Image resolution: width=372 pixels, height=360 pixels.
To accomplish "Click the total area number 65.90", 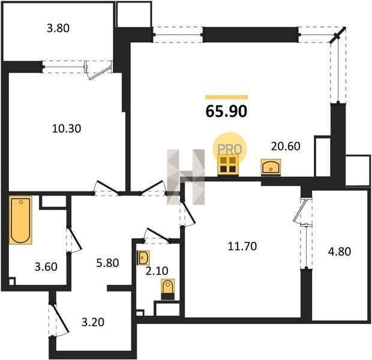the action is (226, 111).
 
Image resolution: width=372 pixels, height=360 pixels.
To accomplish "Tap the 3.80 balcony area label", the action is (58, 28).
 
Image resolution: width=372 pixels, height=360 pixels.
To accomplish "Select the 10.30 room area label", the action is (67, 128).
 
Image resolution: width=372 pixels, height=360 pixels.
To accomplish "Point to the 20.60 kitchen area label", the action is (286, 146).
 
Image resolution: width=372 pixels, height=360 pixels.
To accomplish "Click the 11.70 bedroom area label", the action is (242, 246).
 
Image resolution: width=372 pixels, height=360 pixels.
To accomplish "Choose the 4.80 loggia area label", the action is (340, 251).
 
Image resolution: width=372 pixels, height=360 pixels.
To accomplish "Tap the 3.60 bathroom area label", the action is (46, 267).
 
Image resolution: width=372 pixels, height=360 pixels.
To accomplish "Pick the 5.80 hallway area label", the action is (107, 263).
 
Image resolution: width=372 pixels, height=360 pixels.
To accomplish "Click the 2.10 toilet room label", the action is (157, 271).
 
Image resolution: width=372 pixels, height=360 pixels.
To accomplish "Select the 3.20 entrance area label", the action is (93, 322).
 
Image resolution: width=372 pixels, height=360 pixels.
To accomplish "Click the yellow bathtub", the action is (20, 220).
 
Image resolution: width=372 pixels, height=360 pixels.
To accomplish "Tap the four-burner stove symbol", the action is (228, 165).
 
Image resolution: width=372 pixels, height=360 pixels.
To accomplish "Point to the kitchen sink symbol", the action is (271, 167).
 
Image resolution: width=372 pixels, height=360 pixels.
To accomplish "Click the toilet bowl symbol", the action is (168, 289).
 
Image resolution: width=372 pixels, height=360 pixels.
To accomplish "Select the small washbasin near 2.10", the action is (143, 257).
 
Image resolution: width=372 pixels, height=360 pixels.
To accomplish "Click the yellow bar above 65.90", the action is (227, 97).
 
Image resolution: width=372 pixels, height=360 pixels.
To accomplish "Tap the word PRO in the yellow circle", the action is (230, 149).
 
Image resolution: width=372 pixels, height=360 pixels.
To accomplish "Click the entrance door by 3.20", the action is (59, 319).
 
